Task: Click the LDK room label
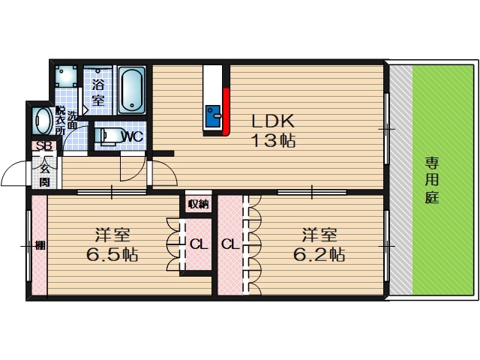(273, 121)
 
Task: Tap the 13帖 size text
(273, 141)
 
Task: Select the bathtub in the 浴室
(132, 90)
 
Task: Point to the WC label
(132, 136)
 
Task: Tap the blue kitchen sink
(213, 116)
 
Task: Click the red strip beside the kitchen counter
(226, 112)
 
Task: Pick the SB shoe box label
(44, 146)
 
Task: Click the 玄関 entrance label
(45, 177)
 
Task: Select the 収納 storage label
(198, 204)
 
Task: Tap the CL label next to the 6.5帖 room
(199, 244)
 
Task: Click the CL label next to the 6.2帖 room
(230, 244)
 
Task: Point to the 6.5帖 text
(112, 254)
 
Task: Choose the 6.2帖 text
(319, 254)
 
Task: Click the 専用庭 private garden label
(432, 180)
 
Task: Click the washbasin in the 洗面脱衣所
(43, 121)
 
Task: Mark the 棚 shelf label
(40, 245)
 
